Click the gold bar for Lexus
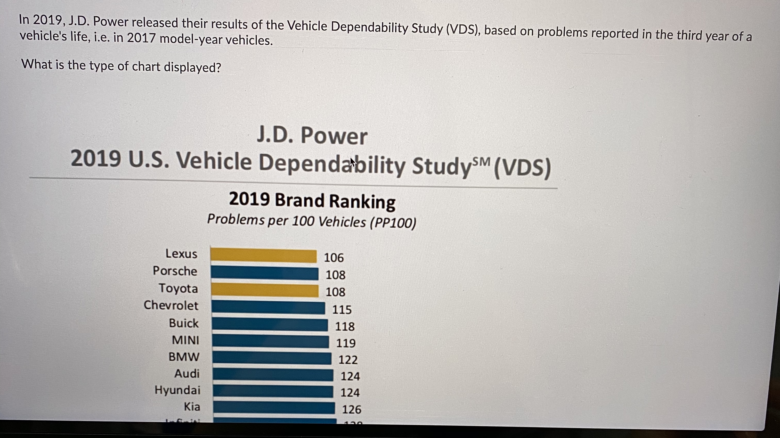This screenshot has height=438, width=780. tap(263, 255)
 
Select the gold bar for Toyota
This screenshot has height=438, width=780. tap(265, 290)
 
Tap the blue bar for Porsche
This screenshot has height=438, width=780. tap(264, 273)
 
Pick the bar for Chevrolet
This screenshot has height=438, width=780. tap(268, 307)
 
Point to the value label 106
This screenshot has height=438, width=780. tap(334, 258)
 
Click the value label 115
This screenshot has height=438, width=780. tap(342, 309)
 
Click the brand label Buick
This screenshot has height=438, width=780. tap(183, 323)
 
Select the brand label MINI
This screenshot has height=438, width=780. tap(185, 340)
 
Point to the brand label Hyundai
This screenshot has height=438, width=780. tap(177, 390)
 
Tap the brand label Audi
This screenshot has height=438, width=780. tap(187, 374)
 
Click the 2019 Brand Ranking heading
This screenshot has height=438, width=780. tap(312, 201)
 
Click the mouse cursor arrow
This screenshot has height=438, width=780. tap(352, 162)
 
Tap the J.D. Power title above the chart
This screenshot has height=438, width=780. tap(312, 136)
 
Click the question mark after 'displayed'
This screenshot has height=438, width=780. tap(218, 68)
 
